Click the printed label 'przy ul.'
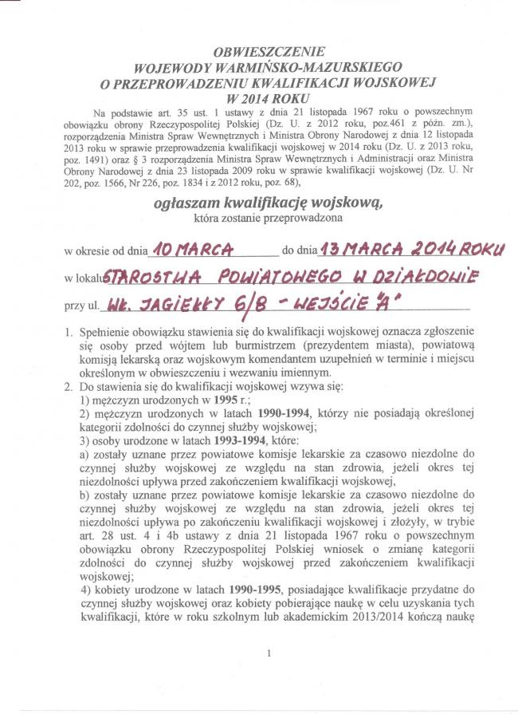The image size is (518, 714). click(x=83, y=306)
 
